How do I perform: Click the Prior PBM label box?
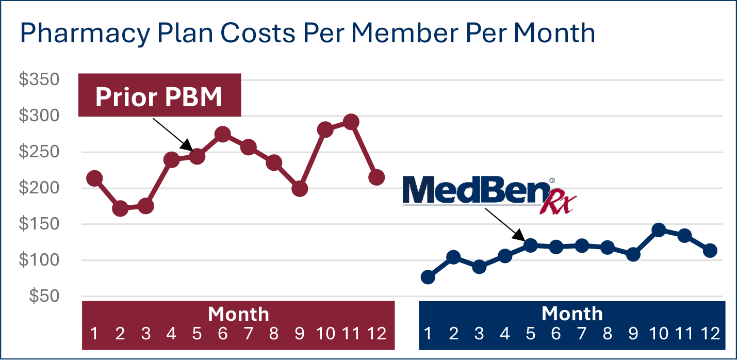tap(159, 95)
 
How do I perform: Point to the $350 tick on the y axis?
tap(39, 80)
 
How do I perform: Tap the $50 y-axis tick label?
tap(44, 297)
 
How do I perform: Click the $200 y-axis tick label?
tap(39, 189)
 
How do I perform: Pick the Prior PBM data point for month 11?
tap(351, 122)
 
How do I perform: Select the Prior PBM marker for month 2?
tap(120, 209)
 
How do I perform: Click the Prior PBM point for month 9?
tap(299, 189)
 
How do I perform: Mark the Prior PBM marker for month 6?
tap(222, 135)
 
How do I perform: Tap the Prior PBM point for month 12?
tap(376, 177)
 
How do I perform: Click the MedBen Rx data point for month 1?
tap(428, 277)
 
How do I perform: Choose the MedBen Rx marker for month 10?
tap(659, 230)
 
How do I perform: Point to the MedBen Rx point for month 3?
tap(479, 267)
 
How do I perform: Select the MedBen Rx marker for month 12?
tap(710, 251)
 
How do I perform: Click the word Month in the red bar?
tap(238, 314)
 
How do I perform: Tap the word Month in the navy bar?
tap(572, 314)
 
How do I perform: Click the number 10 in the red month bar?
tap(325, 334)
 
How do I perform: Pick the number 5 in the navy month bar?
tap(530, 334)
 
